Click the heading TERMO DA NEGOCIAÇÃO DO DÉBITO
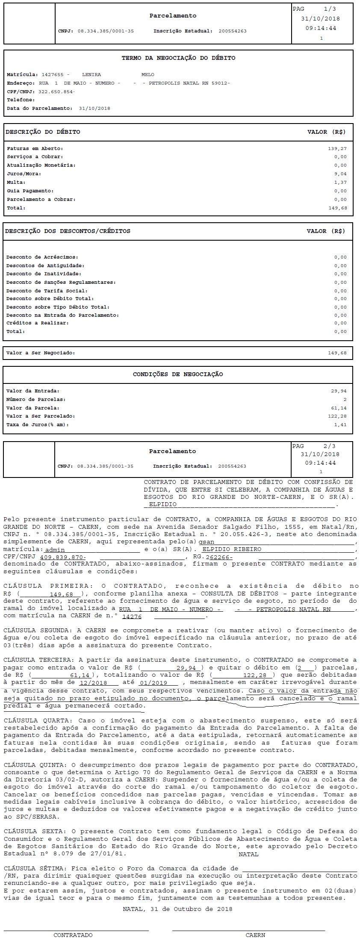pyautogui.click(x=178, y=58)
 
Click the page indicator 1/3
pyautogui.click(x=330, y=9)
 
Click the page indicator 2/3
pyautogui.click(x=330, y=446)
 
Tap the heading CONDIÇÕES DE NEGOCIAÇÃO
pyautogui.click(x=178, y=374)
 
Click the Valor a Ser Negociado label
pyautogui.click(x=41, y=353)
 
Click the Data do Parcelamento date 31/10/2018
pyautogui.click(x=94, y=109)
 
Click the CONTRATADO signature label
pyautogui.click(x=73, y=935)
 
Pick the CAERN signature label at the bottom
pyautogui.click(x=255, y=935)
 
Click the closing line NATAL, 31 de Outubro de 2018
pyautogui.click(x=177, y=909)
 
